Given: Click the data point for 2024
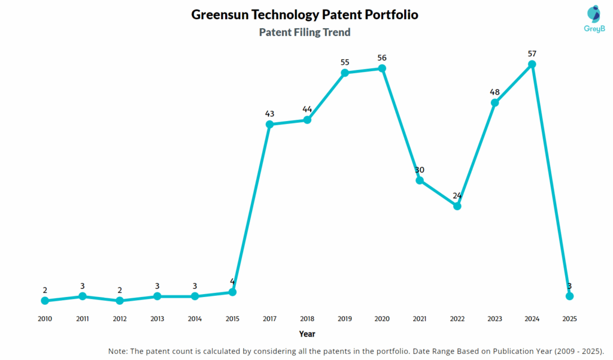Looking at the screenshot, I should pos(532,64).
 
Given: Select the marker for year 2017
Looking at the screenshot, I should pos(269,125).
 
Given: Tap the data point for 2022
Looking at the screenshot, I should pos(457,206).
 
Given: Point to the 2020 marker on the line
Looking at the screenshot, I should pos(382,68).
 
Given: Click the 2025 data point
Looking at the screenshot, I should pos(570,296).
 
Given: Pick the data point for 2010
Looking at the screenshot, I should pos(45,301).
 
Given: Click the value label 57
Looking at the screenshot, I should pos(532,54).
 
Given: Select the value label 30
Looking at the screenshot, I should pos(420,170).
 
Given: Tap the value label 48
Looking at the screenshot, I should pos(494,92).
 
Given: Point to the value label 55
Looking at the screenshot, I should pos(344,62).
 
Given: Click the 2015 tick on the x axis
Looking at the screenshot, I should pos(232,319).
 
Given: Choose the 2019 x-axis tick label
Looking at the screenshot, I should pos(344,319).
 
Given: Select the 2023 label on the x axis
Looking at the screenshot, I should pos(494,319).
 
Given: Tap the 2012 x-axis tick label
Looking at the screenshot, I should pos(120,319).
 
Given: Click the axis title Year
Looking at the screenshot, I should pos(307,334).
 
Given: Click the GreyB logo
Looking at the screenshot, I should pos(594,19).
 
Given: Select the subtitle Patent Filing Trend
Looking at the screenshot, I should pos(305,32).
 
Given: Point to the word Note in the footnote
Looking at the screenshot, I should pos(119,350).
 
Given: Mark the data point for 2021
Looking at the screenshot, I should pos(420,180).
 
